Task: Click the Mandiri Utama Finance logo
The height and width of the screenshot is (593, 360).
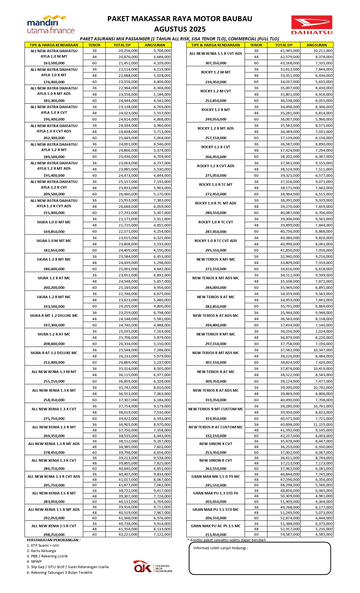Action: click(x=51, y=25)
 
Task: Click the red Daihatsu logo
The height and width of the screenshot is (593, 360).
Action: click(x=311, y=25)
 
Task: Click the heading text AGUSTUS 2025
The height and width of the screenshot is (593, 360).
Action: click(x=180, y=29)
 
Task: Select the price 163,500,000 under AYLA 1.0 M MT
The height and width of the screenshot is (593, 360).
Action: click(x=54, y=63)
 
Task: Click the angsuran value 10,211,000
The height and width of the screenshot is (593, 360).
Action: click(x=323, y=51)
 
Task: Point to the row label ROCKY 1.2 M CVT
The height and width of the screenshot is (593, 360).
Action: click(x=215, y=91)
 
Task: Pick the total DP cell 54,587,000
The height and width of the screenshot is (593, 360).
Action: click(x=290, y=535)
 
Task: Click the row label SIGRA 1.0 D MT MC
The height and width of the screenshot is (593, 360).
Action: click(x=54, y=222)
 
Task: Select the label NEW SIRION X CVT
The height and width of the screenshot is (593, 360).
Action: click(x=215, y=444)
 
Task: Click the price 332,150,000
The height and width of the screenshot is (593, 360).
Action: click(x=215, y=436)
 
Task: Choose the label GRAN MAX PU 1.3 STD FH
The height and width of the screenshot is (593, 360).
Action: click(x=215, y=493)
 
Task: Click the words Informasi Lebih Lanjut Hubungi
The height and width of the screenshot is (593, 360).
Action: click(x=220, y=548)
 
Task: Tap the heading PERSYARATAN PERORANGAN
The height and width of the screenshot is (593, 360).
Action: click(x=53, y=540)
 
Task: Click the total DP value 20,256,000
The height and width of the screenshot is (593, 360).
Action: click(x=128, y=51)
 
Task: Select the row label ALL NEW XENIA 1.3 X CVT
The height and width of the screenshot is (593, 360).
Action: click(x=54, y=409)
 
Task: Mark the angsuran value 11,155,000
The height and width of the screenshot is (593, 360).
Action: click(x=323, y=425)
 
